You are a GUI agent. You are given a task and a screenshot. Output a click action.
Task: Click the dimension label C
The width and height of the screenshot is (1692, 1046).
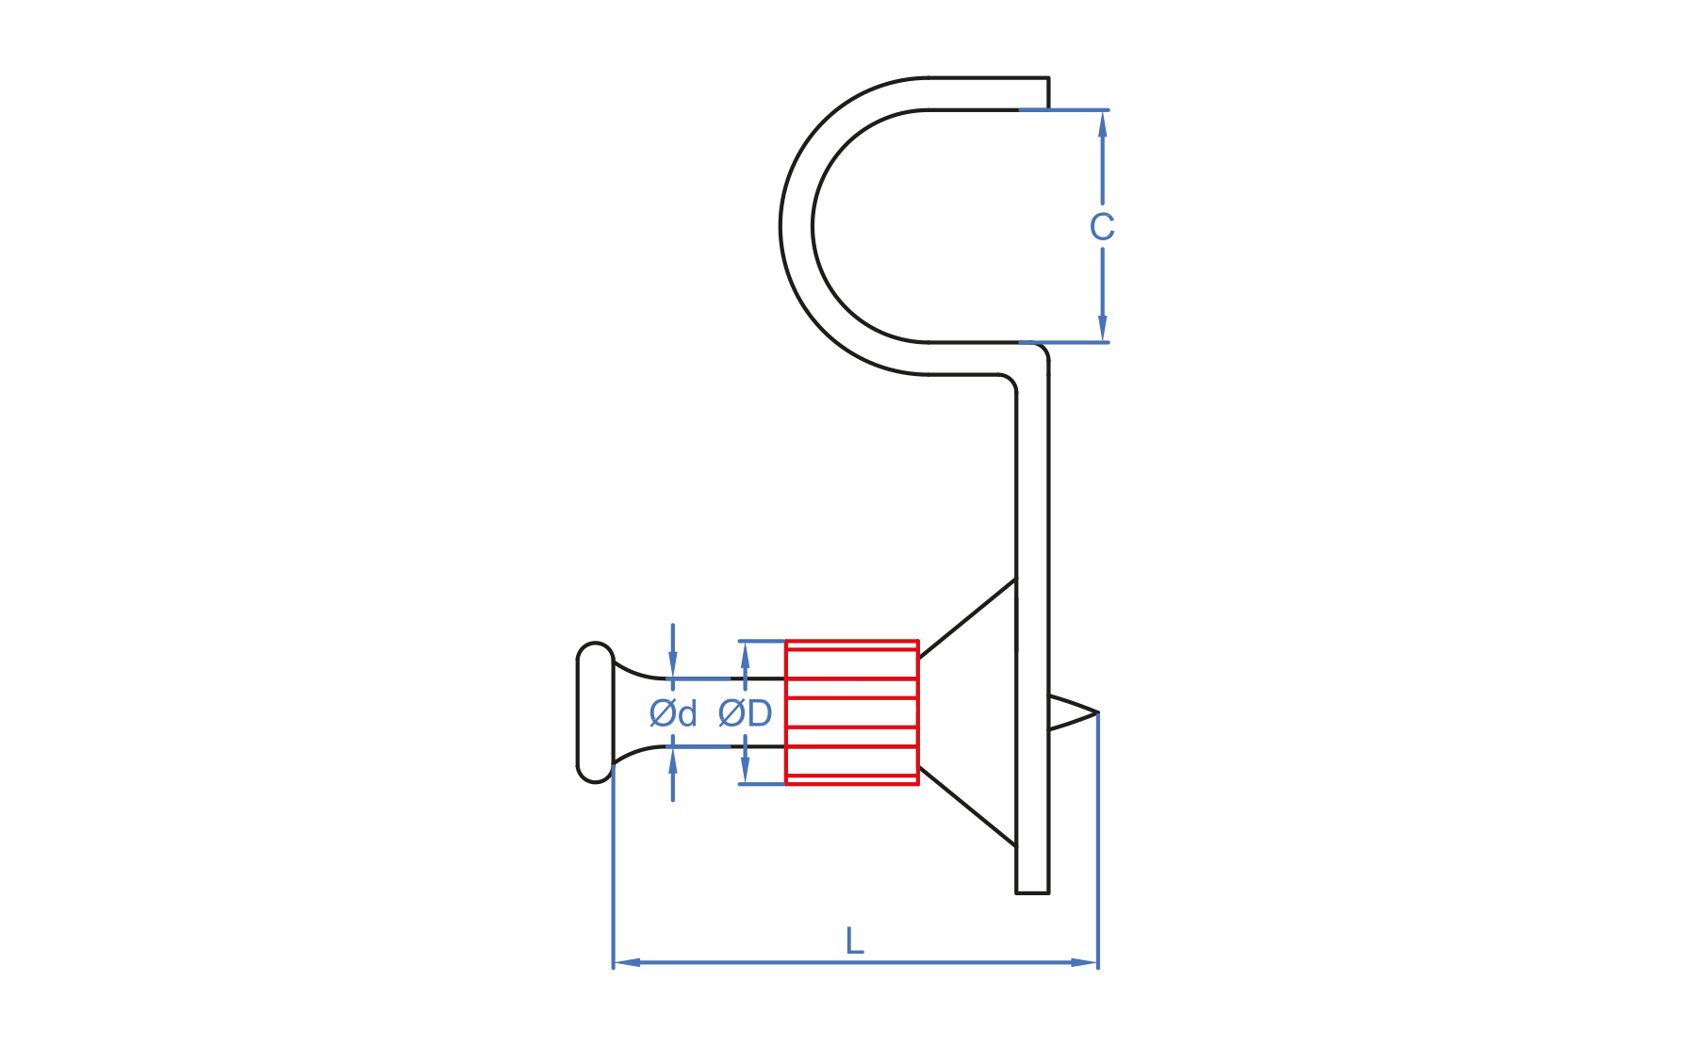click(x=1101, y=227)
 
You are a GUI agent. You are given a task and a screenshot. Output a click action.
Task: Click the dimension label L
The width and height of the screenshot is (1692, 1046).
click(x=854, y=940)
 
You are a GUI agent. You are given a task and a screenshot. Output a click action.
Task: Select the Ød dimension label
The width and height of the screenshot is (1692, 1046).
click(x=673, y=713)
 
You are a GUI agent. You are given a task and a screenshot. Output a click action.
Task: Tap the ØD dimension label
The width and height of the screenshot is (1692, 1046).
click(x=745, y=713)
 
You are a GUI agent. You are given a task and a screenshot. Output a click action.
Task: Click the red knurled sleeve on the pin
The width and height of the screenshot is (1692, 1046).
click(x=852, y=712)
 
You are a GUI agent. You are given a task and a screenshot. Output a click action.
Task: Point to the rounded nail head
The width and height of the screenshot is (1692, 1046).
click(x=595, y=712)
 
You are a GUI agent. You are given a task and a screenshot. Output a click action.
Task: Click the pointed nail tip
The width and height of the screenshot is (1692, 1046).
click(x=1097, y=712)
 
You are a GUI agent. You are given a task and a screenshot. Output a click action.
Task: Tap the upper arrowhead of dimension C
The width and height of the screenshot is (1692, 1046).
click(x=1102, y=123)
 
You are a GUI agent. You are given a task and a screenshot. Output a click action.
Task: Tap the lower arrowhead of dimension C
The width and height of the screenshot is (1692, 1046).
click(x=1102, y=329)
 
